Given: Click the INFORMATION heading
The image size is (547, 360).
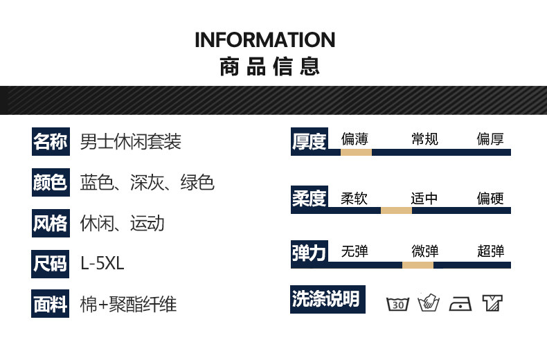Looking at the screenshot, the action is click(x=264, y=39).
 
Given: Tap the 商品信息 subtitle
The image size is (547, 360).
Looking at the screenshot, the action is click(x=269, y=67).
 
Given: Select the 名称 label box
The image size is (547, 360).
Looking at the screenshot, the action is click(x=50, y=142).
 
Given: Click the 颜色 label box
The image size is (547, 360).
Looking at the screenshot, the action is click(x=50, y=182).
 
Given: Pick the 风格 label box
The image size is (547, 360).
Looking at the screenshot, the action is click(x=50, y=223).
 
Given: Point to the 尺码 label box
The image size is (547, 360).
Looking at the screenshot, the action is click(x=50, y=263).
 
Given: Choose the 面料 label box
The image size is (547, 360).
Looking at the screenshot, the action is click(x=50, y=304).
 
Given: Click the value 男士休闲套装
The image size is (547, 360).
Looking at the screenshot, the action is click(x=131, y=142).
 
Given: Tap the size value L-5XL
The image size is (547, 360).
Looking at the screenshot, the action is click(x=102, y=264).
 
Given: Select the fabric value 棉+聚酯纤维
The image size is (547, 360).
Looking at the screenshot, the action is click(x=129, y=304).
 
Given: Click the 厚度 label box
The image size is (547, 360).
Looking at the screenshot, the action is click(x=309, y=142).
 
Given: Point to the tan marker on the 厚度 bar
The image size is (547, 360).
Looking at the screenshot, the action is click(x=356, y=152).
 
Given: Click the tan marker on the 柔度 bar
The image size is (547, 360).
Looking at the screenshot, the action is click(x=396, y=210).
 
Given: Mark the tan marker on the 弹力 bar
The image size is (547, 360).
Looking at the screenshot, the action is click(x=418, y=264).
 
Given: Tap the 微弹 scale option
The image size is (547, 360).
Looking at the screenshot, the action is click(x=424, y=251).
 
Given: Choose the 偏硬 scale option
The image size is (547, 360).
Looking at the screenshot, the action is click(x=490, y=199).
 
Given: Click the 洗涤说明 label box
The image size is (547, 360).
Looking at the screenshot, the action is click(x=325, y=299).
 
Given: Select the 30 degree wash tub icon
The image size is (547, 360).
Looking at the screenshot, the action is click(x=397, y=303).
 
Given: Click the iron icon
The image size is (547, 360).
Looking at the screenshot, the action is click(x=460, y=303).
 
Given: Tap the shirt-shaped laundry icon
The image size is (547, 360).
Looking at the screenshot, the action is click(x=492, y=303).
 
